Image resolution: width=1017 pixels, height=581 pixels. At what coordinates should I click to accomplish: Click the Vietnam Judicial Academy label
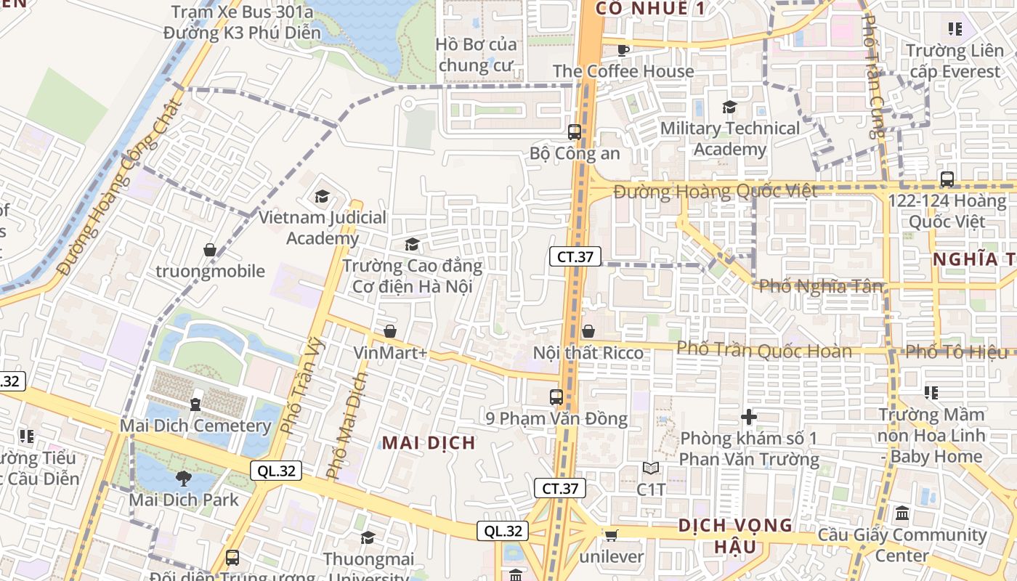(323, 228)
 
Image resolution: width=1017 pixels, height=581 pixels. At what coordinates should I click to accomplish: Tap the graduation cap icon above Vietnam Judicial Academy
(322, 196)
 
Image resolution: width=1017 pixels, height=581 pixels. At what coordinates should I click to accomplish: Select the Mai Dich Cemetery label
(195, 426)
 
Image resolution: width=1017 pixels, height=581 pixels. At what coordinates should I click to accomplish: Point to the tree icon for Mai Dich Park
(183, 478)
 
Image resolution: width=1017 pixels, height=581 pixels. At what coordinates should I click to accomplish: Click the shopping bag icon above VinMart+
(390, 331)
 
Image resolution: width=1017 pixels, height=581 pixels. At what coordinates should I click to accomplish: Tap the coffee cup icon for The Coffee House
(623, 49)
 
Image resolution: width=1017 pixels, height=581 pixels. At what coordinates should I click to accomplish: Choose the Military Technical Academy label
(729, 139)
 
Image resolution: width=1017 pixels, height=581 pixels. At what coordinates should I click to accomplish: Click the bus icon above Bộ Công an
(575, 131)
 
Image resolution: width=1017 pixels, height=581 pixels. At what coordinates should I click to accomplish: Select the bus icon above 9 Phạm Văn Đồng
(556, 397)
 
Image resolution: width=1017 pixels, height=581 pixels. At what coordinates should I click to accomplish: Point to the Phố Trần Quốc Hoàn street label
(764, 351)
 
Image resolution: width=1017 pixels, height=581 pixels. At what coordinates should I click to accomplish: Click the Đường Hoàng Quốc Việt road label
(716, 192)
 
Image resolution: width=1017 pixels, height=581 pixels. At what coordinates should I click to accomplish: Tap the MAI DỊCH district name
(429, 442)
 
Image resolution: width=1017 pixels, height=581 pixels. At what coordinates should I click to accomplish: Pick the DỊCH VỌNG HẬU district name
(734, 535)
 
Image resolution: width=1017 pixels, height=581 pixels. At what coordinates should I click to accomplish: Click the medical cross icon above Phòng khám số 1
(749, 417)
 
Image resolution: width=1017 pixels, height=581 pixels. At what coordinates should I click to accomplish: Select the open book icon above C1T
(651, 468)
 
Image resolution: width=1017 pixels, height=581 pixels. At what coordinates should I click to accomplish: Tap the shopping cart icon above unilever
(611, 535)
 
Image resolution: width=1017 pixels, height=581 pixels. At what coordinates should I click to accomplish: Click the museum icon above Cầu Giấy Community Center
(902, 513)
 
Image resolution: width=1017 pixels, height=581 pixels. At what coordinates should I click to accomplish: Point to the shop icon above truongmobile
(210, 250)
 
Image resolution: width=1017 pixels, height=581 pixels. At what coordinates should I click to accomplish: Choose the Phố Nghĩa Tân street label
(821, 286)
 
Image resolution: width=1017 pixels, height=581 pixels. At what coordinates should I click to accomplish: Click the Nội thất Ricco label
(588, 353)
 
